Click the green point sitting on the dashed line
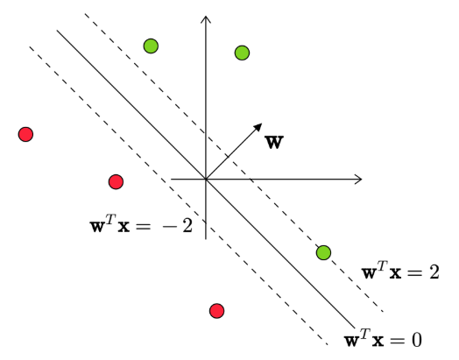[323, 252]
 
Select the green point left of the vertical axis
[151, 46]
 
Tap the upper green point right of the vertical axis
[242, 53]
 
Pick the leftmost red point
[25, 134]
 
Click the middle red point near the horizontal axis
[116, 182]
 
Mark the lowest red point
[217, 311]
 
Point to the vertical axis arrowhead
[206, 18]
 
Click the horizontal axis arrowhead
[359, 179]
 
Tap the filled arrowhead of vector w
[258, 127]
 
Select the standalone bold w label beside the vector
[274, 143]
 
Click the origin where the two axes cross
[206, 179]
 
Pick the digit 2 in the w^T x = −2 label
[187, 226]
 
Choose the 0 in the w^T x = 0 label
[417, 340]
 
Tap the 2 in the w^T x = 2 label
[434, 272]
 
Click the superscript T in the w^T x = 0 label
[364, 334]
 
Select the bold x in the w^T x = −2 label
[124, 227]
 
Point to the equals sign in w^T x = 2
[414, 273]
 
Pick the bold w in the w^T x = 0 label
[352, 341]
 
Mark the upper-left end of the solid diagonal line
[57, 30]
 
